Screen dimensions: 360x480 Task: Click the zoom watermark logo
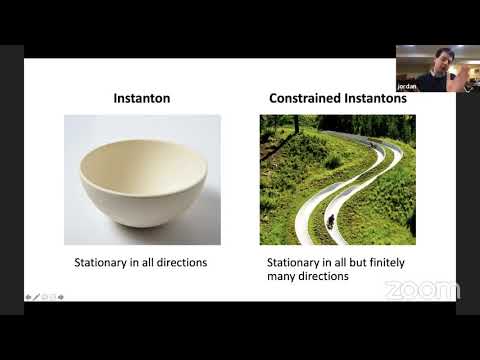[x=421, y=290]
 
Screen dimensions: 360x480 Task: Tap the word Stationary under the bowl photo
[x=104, y=262]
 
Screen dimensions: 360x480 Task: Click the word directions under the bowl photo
[x=179, y=262]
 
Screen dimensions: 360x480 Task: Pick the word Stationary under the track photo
[x=296, y=262]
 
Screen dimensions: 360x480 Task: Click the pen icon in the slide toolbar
[x=37, y=297]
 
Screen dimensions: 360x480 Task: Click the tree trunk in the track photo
[x=297, y=124]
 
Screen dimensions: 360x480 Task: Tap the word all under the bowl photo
[x=145, y=262]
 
